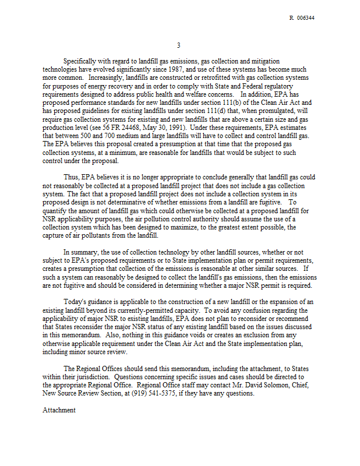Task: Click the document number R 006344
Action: (302, 18)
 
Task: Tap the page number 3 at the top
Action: (179, 45)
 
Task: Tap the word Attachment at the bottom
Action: (59, 410)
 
